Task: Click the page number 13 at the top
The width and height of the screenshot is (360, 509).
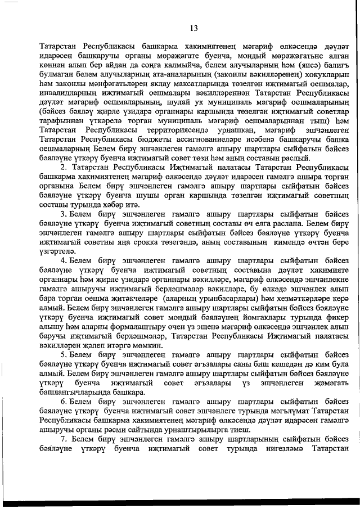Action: (194, 28)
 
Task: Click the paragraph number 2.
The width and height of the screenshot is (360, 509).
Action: (63, 168)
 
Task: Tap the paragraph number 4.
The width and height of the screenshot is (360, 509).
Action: (63, 260)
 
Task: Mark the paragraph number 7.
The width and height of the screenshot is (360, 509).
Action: (63, 454)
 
